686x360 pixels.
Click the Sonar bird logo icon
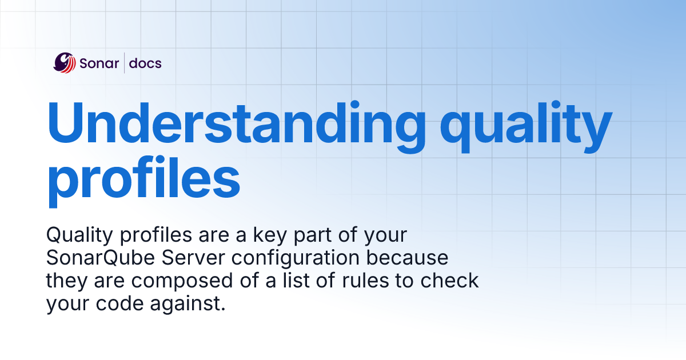[x=65, y=62]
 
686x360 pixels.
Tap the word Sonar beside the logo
[x=99, y=63]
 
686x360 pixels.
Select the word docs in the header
[x=145, y=63]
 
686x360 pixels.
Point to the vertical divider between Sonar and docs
[x=124, y=63]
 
